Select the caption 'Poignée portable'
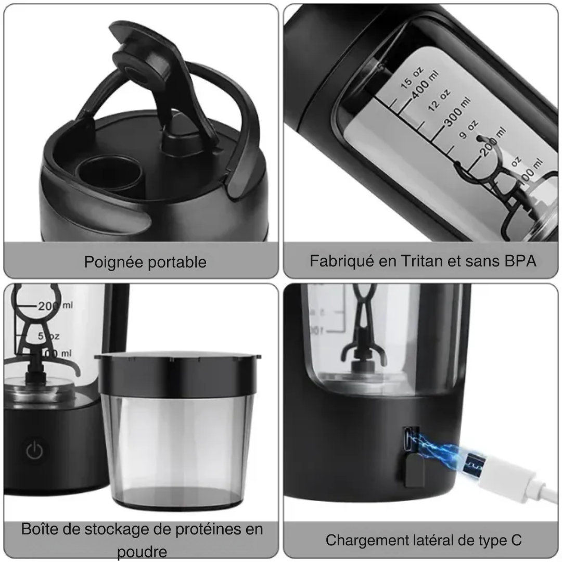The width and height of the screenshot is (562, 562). pos(145,262)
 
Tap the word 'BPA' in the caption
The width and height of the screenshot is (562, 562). pos(520,261)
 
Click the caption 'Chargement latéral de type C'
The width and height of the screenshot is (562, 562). pos(423,540)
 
